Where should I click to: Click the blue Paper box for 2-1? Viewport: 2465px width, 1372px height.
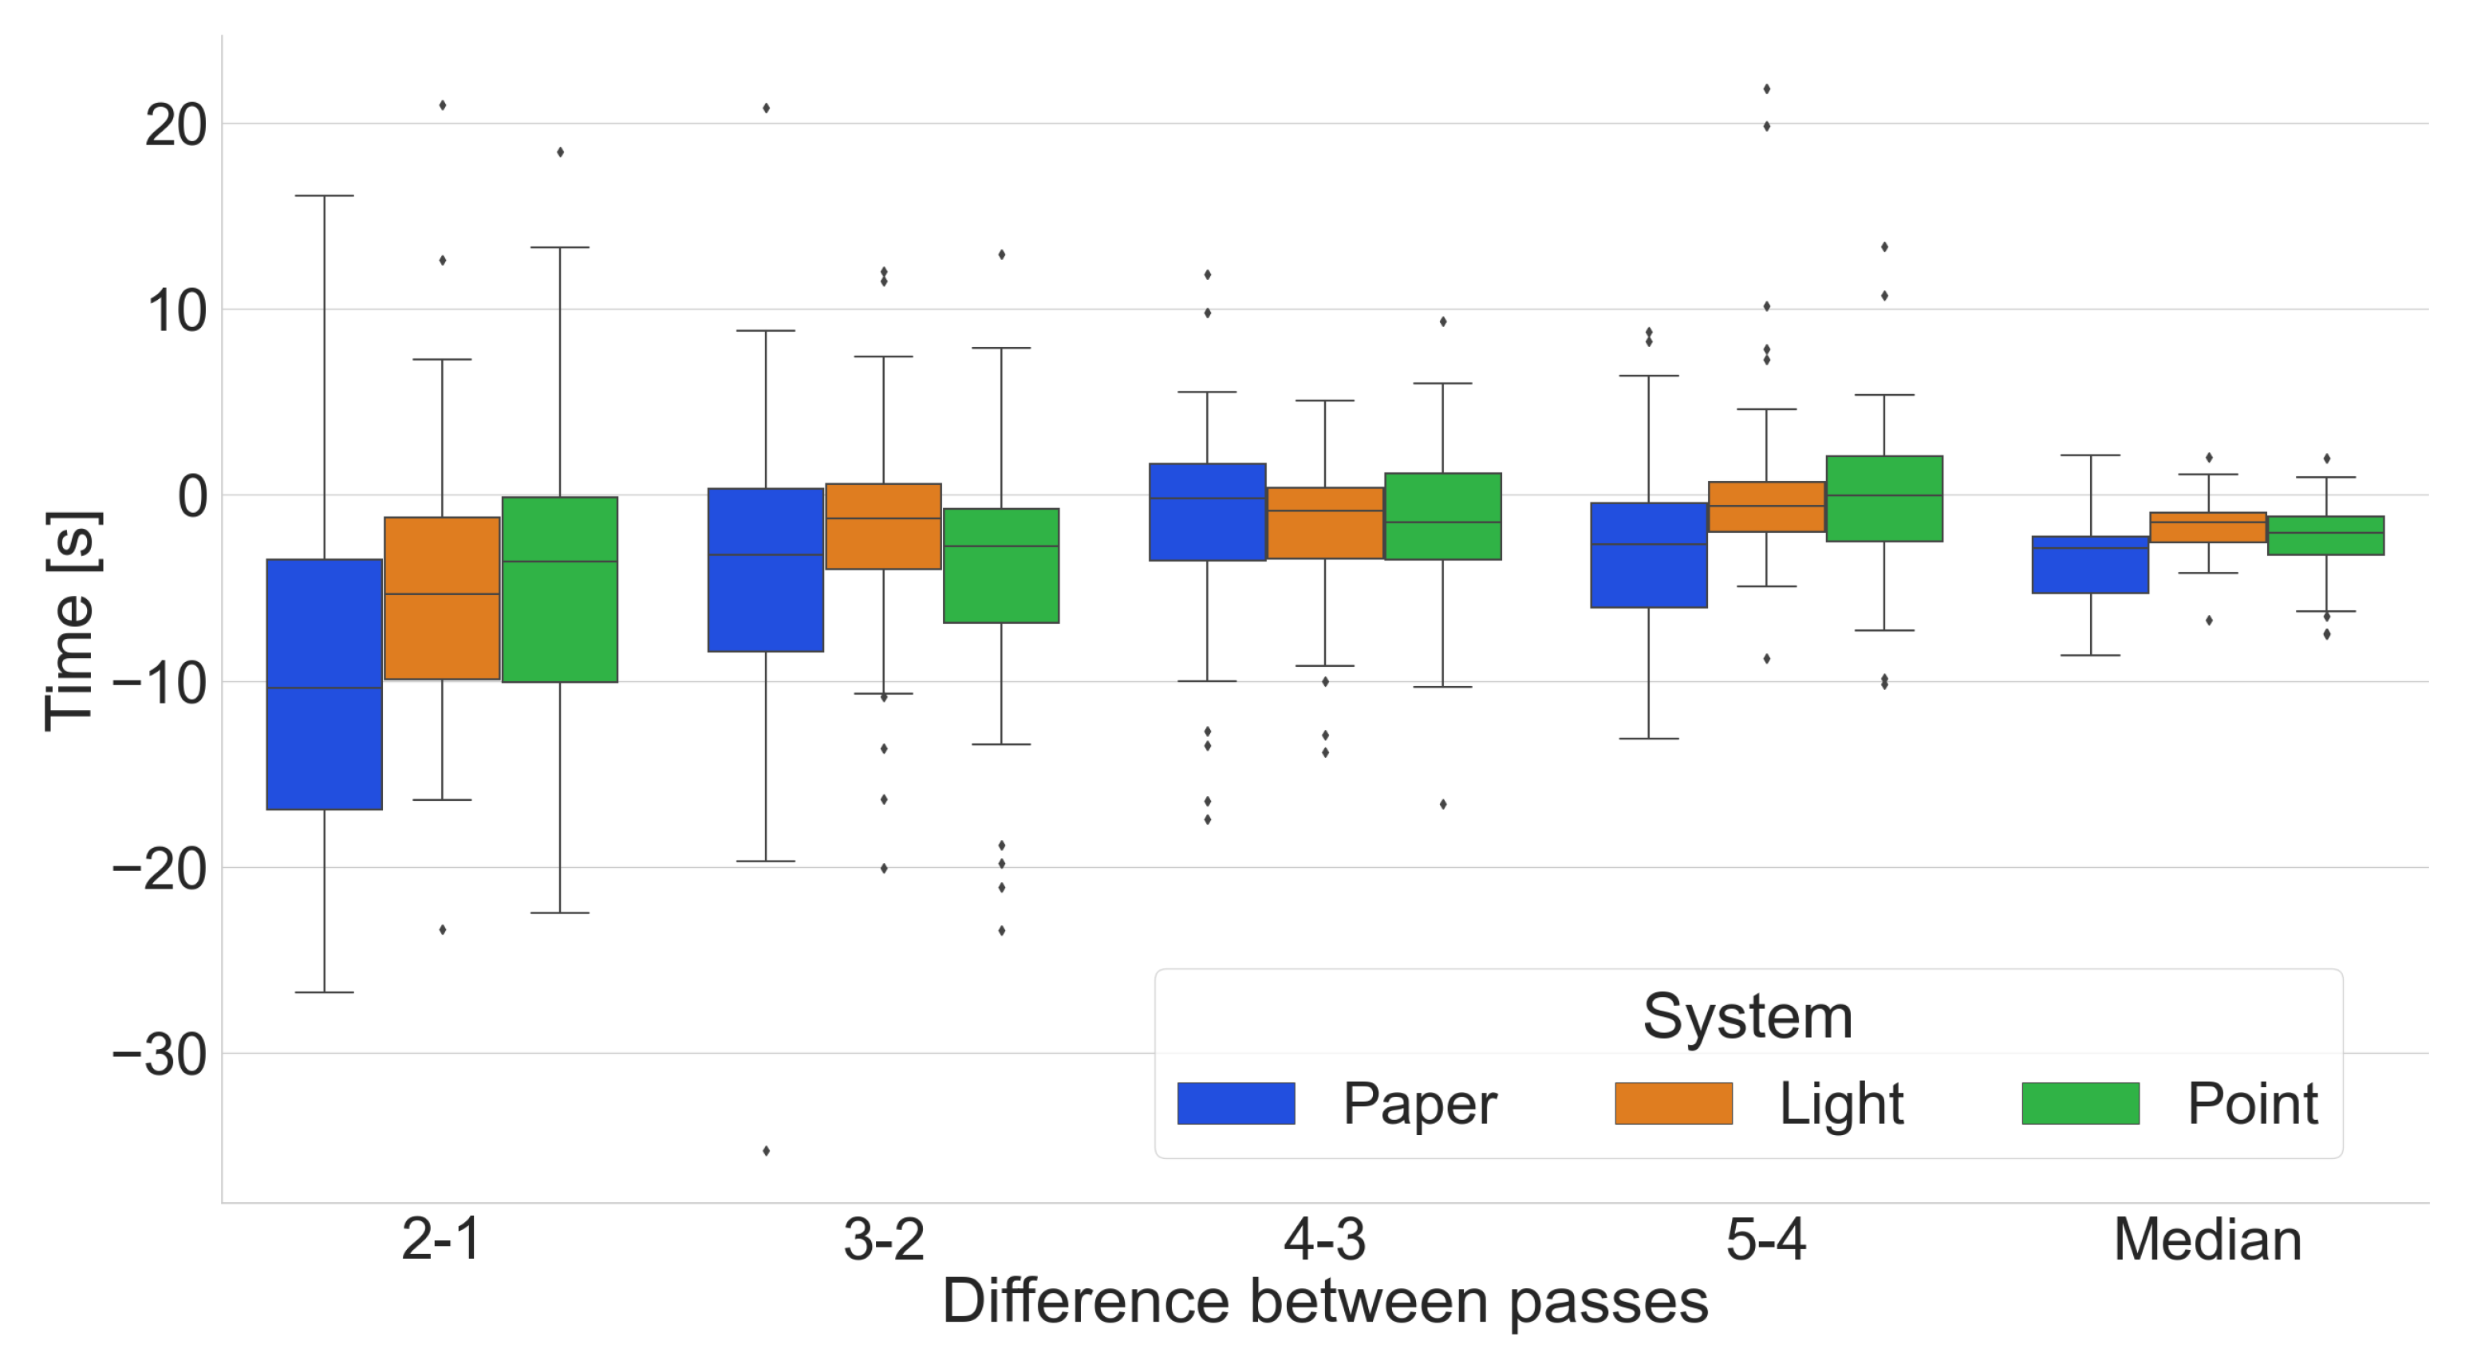pyautogui.click(x=325, y=684)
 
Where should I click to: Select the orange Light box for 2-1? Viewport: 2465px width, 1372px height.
pyautogui.click(x=442, y=598)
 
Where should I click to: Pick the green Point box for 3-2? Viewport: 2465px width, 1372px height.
pyautogui.click(x=1001, y=566)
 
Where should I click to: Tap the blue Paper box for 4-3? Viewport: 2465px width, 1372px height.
pyautogui.click(x=1208, y=512)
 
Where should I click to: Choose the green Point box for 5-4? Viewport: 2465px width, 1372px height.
pyautogui.click(x=1884, y=499)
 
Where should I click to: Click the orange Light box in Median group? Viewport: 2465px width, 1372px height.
pyautogui.click(x=2209, y=527)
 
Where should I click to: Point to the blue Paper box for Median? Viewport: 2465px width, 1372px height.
pyautogui.click(x=2091, y=565)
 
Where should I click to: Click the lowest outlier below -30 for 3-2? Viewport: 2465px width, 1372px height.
pyautogui.click(x=767, y=1151)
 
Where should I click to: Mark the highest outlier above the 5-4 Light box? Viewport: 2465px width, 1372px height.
pyautogui.click(x=1766, y=89)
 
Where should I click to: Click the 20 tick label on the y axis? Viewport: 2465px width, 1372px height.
pyautogui.click(x=176, y=125)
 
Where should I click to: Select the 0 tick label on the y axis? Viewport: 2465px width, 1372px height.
pyautogui.click(x=192, y=498)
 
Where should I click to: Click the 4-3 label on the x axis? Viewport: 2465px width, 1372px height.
pyautogui.click(x=1324, y=1240)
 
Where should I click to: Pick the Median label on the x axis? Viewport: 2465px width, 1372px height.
pyautogui.click(x=2207, y=1240)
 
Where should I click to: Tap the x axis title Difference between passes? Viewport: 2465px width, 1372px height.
pyautogui.click(x=1324, y=1302)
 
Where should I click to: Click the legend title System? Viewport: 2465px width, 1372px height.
pyautogui.click(x=1747, y=1016)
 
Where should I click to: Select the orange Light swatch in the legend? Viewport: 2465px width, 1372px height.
pyautogui.click(x=1674, y=1103)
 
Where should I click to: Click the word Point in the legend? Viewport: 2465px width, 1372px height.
pyautogui.click(x=2253, y=1103)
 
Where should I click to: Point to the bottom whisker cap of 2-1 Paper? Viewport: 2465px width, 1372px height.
pyautogui.click(x=325, y=992)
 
